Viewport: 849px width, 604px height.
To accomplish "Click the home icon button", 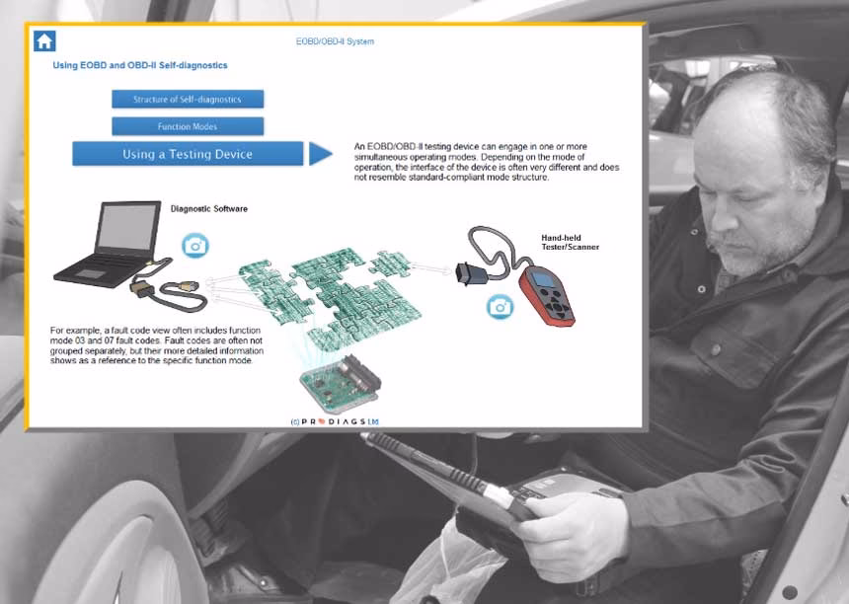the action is [x=44, y=41].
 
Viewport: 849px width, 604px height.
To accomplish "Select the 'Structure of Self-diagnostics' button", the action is [x=188, y=99].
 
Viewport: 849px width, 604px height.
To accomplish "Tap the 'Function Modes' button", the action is [x=188, y=126].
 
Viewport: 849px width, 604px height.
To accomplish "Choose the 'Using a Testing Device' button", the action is [x=188, y=154].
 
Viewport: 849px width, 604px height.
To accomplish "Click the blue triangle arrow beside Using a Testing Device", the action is [x=320, y=154].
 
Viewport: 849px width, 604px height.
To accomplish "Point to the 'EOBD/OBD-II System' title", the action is [x=335, y=41].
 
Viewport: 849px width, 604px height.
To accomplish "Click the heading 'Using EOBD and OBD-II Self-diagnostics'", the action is [x=140, y=65].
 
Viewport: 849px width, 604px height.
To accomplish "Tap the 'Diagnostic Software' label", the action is [x=209, y=209].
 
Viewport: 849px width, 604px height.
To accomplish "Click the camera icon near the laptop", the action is [x=195, y=246].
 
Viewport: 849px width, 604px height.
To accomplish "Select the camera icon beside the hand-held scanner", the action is [x=500, y=307].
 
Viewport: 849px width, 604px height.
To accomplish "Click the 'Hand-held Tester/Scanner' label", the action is [x=571, y=242].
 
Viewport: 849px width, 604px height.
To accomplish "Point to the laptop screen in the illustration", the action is [x=127, y=227].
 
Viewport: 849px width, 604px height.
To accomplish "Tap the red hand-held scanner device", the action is [x=546, y=295].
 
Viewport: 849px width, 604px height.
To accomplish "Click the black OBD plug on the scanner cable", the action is [x=467, y=273].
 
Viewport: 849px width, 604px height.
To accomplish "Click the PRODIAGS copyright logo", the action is [x=335, y=421].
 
